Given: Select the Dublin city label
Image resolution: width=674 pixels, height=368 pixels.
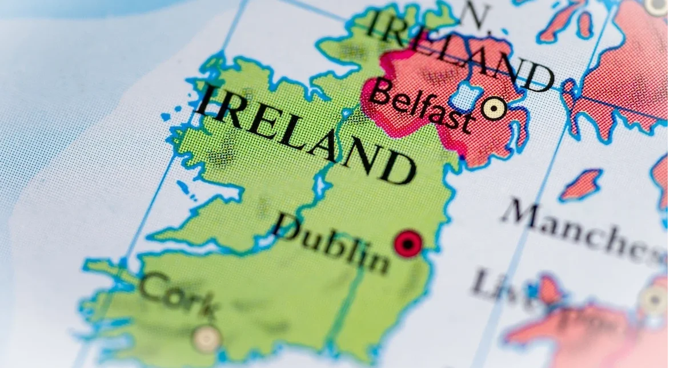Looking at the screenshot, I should click(331, 243).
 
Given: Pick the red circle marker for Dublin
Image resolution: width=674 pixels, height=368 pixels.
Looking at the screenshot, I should click(408, 244).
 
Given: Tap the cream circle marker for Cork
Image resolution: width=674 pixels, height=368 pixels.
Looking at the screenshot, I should click(207, 338).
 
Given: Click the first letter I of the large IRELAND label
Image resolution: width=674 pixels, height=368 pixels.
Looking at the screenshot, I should click(208, 102).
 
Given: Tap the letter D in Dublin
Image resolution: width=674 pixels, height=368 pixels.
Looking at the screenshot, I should click(289, 228).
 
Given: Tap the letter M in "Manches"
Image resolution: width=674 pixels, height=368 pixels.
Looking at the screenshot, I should click(522, 215).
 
